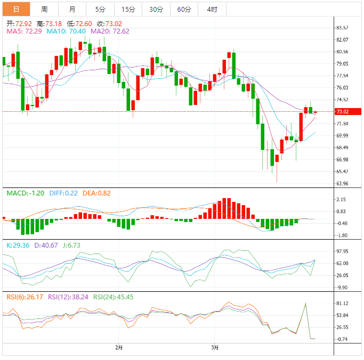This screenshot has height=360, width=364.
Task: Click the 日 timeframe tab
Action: (x=16, y=9)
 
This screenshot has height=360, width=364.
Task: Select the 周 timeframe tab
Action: (x=44, y=9)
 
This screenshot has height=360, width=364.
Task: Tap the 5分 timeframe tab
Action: (x=100, y=9)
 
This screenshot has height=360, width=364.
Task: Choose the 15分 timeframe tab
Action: (x=128, y=9)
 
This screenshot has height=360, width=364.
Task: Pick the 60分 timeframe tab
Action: (x=184, y=9)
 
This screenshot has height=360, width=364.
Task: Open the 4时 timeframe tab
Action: (x=212, y=9)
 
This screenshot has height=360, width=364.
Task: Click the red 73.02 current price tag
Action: (x=342, y=112)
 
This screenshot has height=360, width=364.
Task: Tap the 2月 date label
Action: (x=119, y=348)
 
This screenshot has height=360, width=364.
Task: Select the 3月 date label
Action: (x=214, y=348)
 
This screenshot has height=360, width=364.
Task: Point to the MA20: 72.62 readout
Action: (x=110, y=31)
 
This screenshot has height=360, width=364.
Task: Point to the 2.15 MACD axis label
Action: (x=342, y=200)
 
